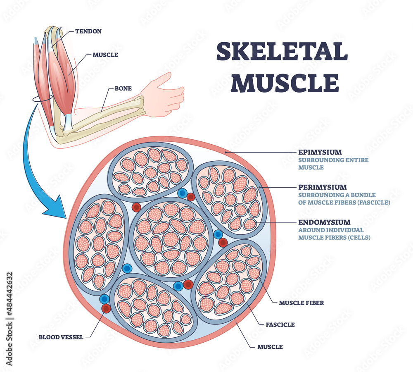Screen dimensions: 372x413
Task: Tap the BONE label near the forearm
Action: (123, 88)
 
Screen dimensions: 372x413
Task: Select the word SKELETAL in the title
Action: (282, 52)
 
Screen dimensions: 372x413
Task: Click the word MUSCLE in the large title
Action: (285, 82)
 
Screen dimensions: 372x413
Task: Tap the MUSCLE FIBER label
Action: (301, 303)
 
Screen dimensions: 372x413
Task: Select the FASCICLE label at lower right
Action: (280, 325)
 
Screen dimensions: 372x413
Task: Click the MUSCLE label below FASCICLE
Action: (270, 347)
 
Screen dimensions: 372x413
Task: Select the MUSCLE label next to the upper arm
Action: (105, 55)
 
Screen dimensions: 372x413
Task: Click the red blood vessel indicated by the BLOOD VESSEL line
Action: (107, 308)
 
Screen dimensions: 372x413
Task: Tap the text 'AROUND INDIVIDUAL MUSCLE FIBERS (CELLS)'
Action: (334, 234)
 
